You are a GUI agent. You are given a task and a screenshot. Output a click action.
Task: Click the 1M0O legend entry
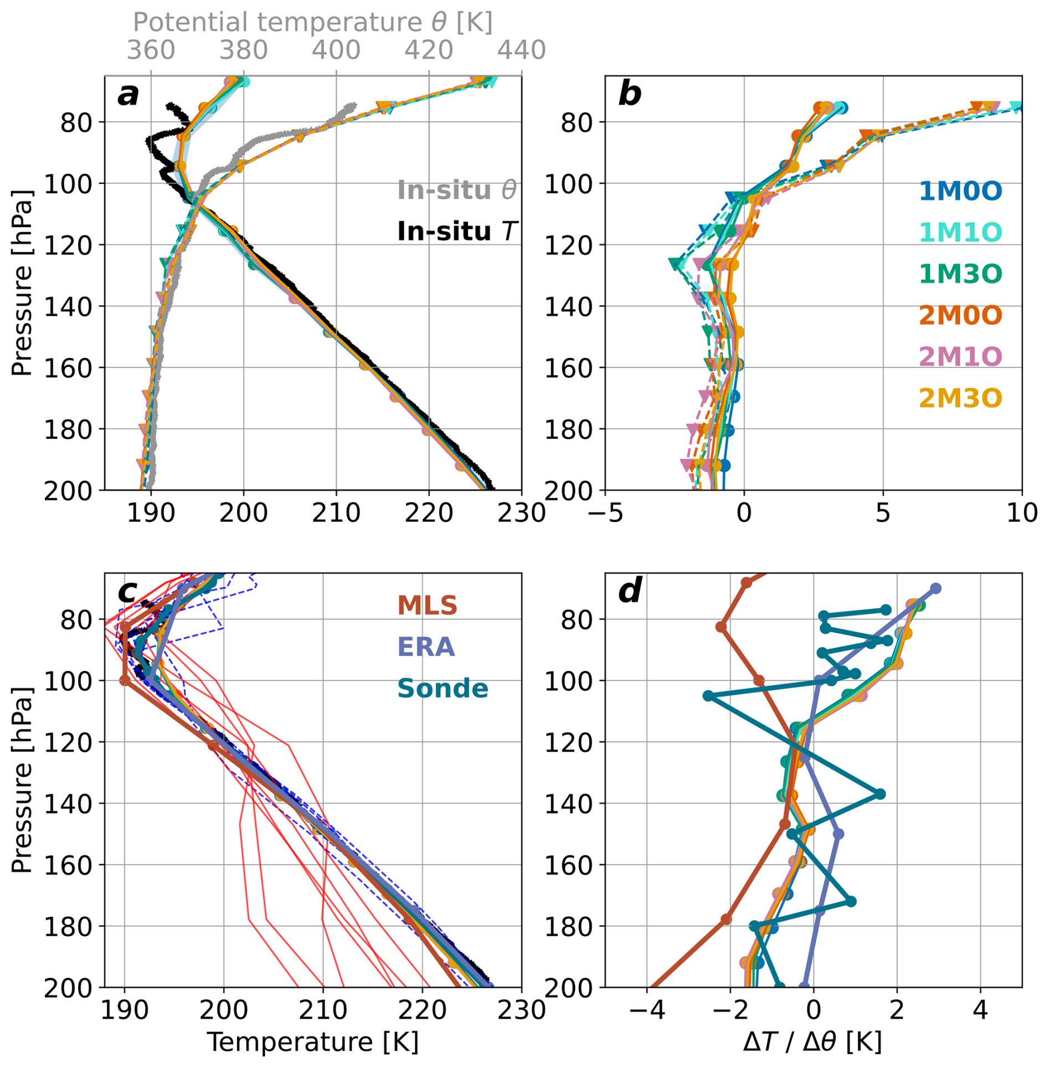point(960,191)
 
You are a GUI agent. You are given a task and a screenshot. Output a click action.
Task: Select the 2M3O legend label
point(960,398)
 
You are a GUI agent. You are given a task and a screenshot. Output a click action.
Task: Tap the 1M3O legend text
point(960,274)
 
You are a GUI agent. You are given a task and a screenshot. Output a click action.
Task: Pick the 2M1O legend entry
point(960,356)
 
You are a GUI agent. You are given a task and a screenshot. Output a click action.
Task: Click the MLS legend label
point(427,606)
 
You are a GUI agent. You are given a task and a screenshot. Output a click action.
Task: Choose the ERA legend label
point(426,647)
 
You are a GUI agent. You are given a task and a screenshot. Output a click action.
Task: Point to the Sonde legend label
point(443,689)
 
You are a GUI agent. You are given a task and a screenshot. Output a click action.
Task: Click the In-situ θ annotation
point(457,190)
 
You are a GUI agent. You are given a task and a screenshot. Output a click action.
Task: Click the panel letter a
point(129,95)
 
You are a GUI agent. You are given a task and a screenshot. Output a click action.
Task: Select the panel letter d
point(630,591)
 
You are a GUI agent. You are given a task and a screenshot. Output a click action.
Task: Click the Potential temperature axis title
point(312,23)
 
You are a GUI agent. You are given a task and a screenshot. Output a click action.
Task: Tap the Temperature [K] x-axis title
point(312,1042)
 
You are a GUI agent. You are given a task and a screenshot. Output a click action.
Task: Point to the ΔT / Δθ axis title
point(813,1042)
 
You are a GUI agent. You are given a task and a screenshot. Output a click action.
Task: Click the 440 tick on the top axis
point(521,50)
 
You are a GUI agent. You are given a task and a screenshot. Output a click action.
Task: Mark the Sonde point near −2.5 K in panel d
point(708,696)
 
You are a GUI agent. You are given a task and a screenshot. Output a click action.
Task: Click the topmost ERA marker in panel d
point(936,588)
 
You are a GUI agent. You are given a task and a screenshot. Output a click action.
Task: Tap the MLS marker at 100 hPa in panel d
point(759,680)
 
